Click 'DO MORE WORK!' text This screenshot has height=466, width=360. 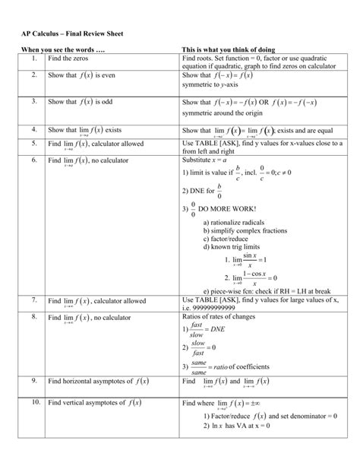(227, 208)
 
